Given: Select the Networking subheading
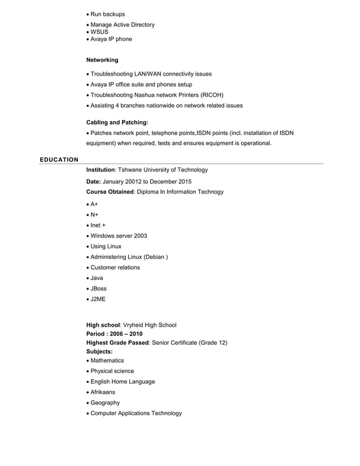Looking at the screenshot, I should (102, 60).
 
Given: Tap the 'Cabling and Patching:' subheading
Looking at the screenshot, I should (117, 122).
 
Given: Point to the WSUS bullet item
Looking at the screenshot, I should (99, 32).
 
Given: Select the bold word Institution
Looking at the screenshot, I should (100, 170).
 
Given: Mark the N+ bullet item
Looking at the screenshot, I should (94, 214).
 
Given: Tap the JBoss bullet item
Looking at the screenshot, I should (98, 288).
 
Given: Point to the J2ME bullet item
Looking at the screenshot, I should (98, 299).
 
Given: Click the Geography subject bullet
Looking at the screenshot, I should (105, 403).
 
